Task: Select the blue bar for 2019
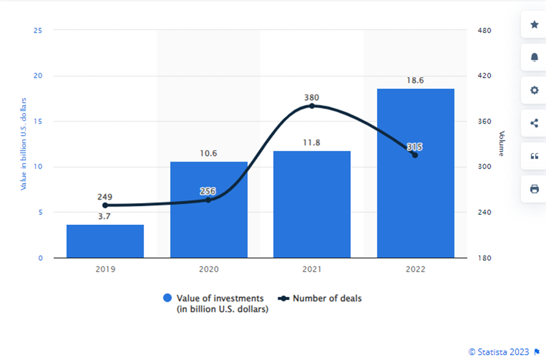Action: [105, 241]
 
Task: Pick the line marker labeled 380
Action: [312, 106]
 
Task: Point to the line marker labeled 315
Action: [415, 155]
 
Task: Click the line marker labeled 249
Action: [105, 205]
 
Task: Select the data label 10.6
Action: [209, 153]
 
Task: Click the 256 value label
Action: [209, 190]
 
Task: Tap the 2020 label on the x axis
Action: [209, 269]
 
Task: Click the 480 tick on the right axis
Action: [484, 30]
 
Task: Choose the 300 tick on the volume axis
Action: [484, 167]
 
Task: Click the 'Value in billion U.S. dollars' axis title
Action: [24, 144]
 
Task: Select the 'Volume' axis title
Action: [501, 143]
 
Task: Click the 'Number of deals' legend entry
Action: [326, 298]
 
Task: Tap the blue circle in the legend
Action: [168, 298]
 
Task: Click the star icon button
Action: [534, 24]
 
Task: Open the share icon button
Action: [534, 123]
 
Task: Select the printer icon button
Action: [534, 189]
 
